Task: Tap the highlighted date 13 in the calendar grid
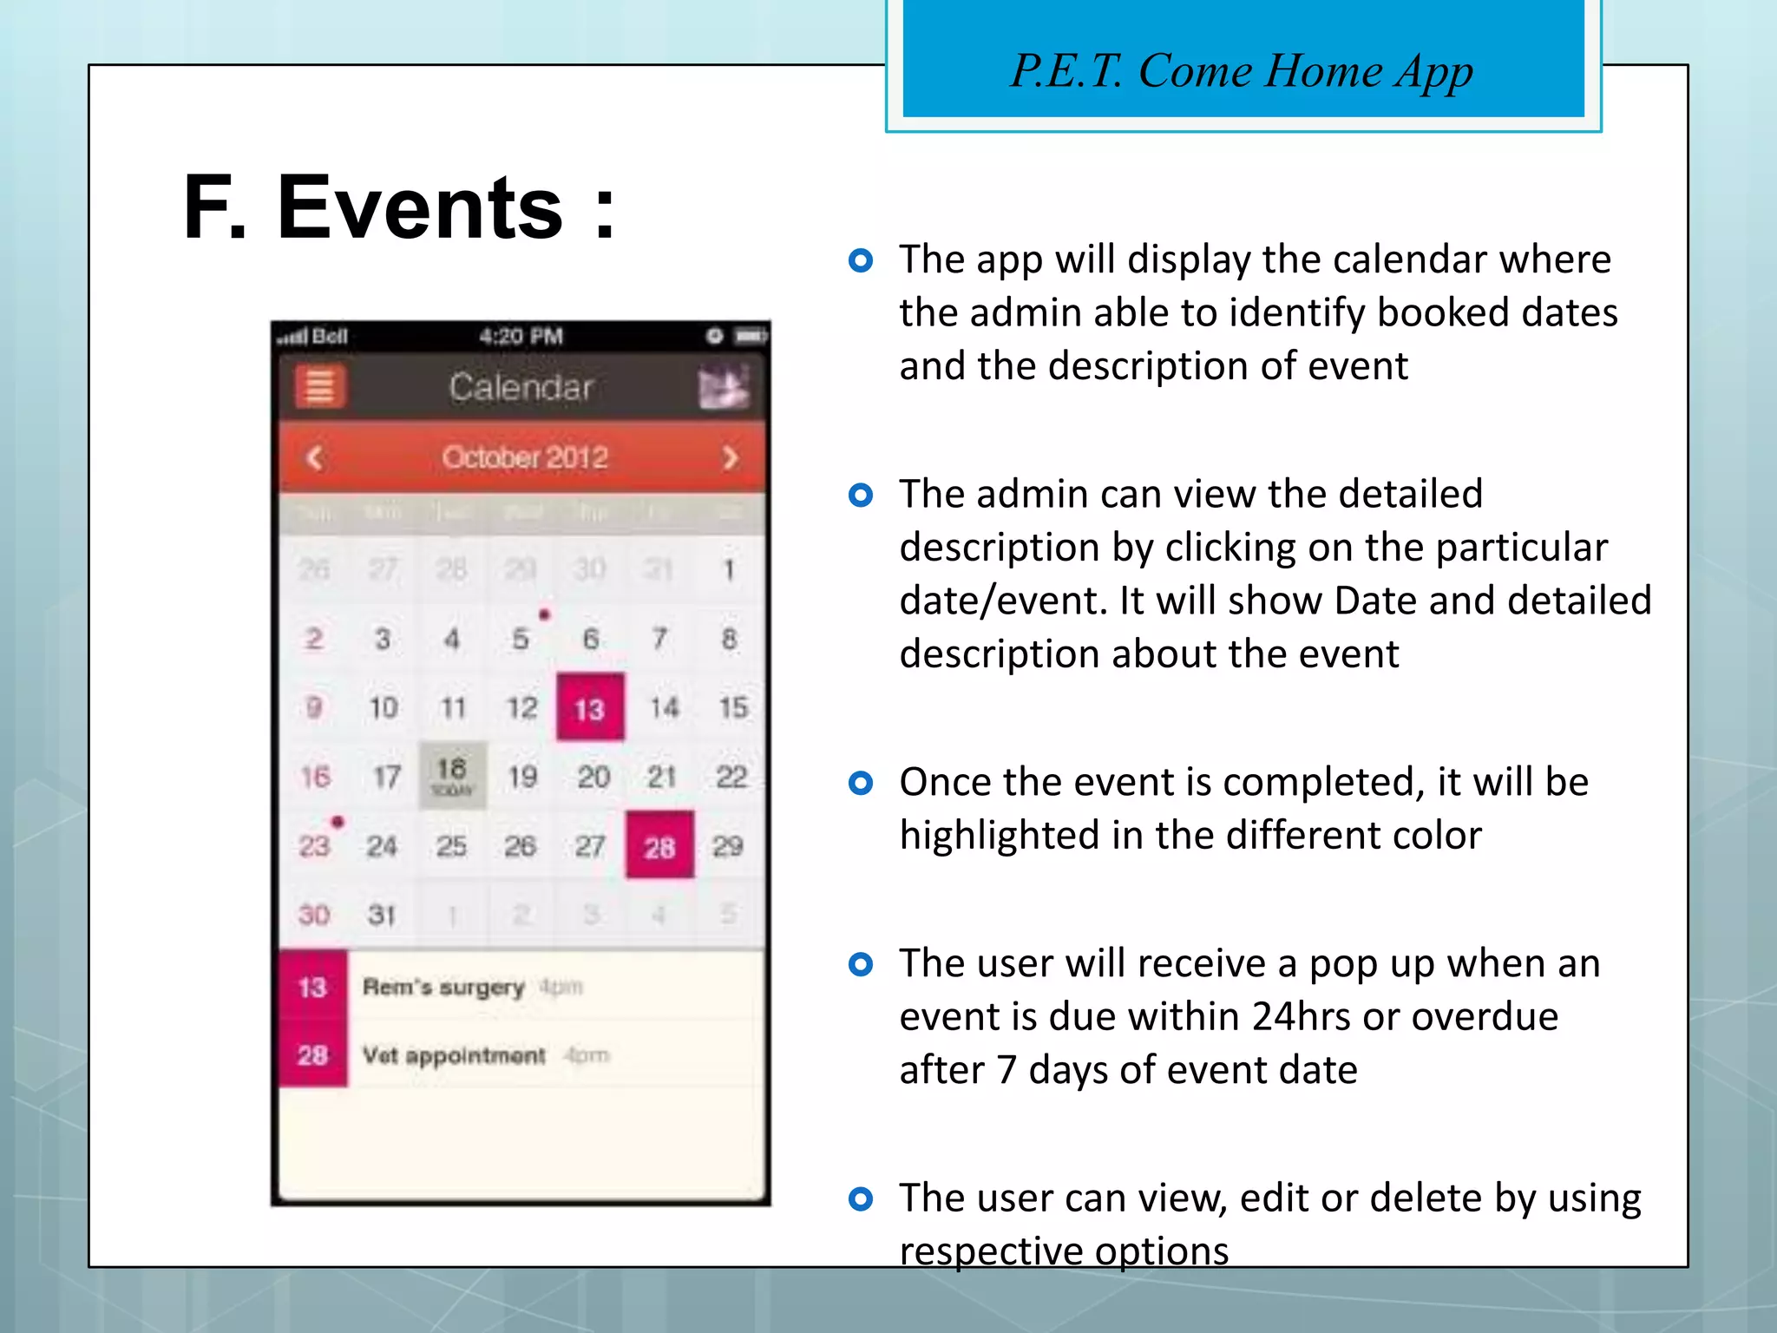click(590, 707)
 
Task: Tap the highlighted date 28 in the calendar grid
click(659, 845)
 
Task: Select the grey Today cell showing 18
click(452, 775)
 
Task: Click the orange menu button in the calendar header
click(320, 386)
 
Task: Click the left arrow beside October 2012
click(315, 457)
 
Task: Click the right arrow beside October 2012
click(731, 457)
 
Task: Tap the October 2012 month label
click(524, 457)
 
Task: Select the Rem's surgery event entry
click(443, 987)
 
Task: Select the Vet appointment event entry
click(454, 1055)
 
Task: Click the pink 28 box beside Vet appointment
click(313, 1055)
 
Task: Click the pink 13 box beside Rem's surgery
click(313, 987)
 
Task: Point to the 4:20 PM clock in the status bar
click(521, 336)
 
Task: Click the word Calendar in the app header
click(521, 387)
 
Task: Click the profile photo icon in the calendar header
click(724, 387)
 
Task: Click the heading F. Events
click(399, 208)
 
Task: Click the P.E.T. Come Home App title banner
click(1243, 69)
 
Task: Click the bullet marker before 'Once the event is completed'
click(860, 783)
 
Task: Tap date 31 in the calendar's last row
click(382, 914)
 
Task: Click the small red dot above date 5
click(544, 614)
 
